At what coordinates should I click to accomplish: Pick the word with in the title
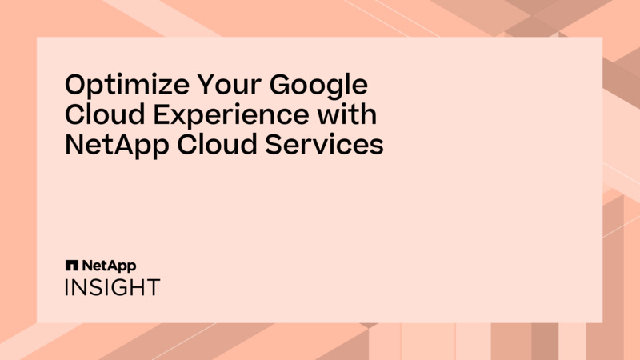click(x=349, y=116)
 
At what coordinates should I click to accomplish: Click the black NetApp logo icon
click(x=70, y=265)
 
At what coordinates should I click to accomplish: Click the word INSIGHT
click(x=112, y=287)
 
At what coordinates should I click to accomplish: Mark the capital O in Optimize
click(x=74, y=86)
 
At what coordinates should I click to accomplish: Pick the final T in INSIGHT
click(x=152, y=287)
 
